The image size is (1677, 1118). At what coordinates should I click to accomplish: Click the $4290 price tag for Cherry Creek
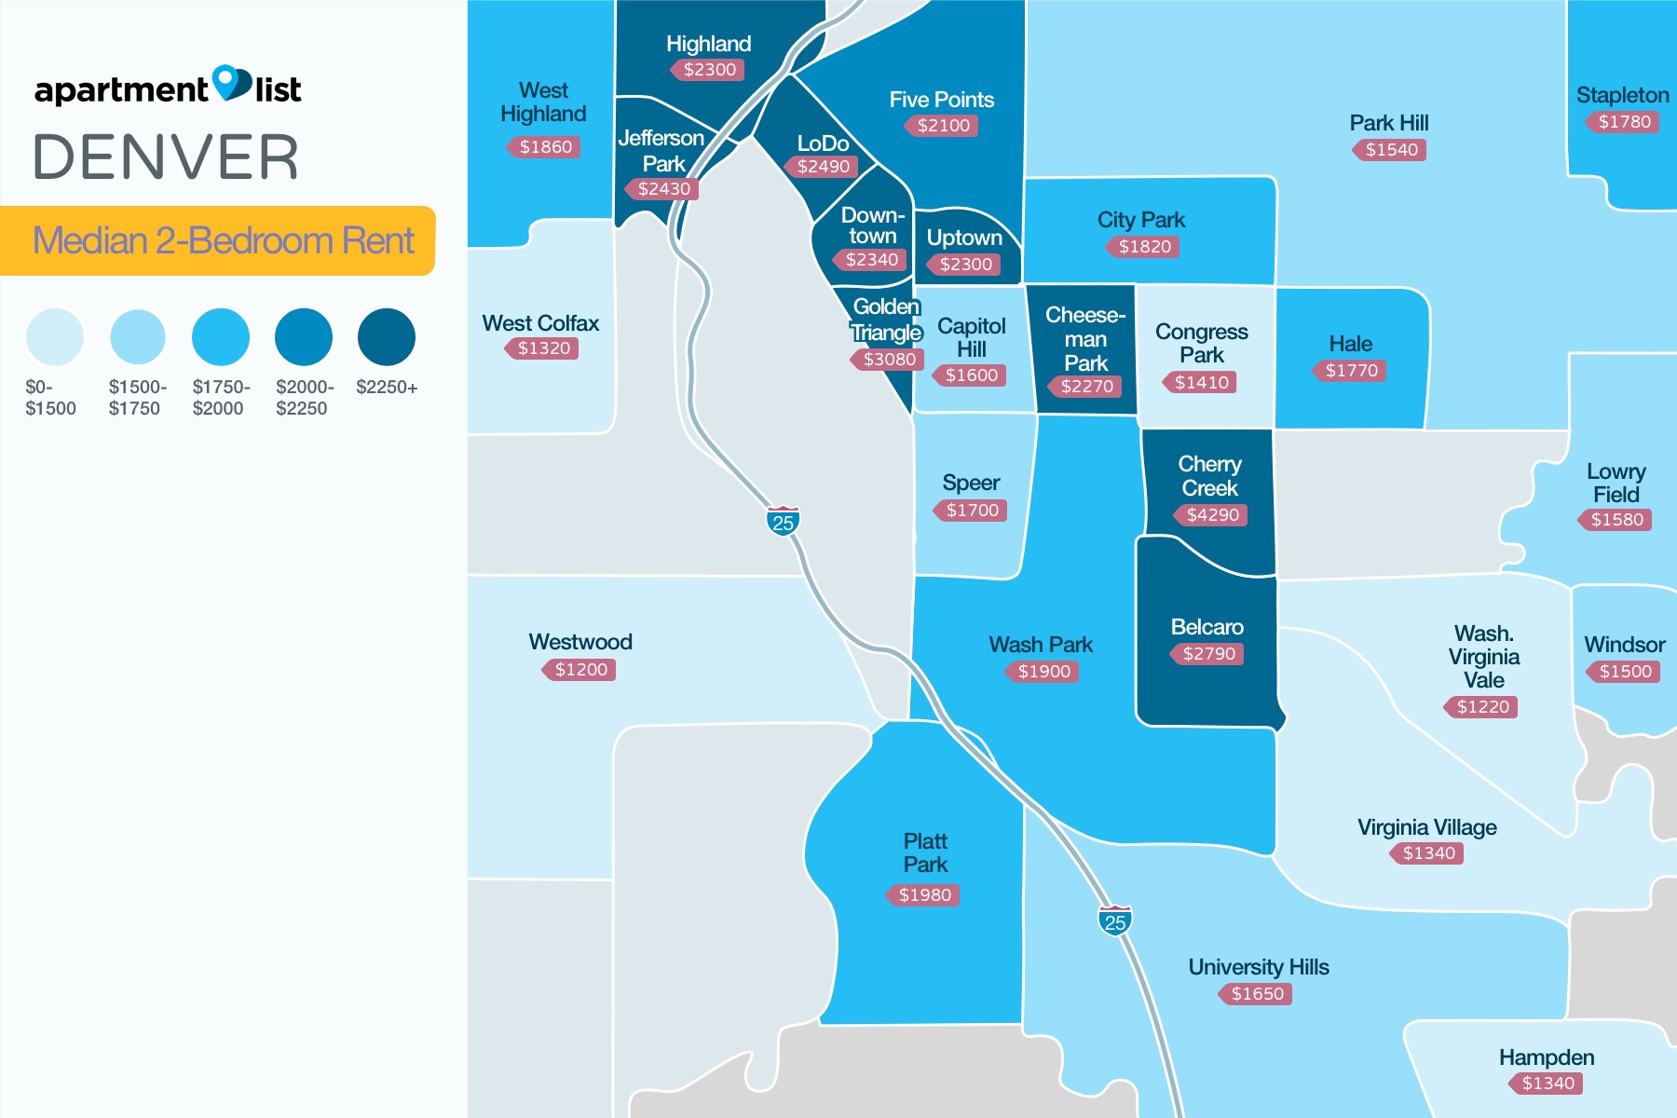[x=1211, y=515]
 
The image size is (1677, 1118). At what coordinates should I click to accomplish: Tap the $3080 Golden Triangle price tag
[x=888, y=360]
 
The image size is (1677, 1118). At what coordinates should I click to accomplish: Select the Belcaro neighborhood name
[x=1207, y=627]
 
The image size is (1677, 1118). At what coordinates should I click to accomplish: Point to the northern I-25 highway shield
[x=783, y=522]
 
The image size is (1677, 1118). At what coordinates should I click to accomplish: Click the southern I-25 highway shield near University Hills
[x=1114, y=921]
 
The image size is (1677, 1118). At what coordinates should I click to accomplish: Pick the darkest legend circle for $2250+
[x=387, y=337]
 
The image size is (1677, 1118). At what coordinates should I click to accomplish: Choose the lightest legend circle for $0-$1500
[x=55, y=337]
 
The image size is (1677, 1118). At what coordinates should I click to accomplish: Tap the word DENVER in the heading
[x=166, y=157]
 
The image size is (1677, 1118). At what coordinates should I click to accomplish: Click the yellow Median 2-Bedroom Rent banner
[x=218, y=240]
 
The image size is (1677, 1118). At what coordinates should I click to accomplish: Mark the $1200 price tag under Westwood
[x=579, y=670]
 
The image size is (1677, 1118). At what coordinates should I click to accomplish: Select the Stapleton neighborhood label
[x=1622, y=95]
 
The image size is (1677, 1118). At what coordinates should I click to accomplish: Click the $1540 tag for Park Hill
[x=1390, y=150]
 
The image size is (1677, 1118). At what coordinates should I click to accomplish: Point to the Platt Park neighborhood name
[x=925, y=852]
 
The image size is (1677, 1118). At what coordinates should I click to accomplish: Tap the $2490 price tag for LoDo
[x=823, y=167]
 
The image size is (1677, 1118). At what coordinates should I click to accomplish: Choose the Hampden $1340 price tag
[x=1547, y=1084]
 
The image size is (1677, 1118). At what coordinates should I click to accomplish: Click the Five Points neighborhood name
[x=941, y=100]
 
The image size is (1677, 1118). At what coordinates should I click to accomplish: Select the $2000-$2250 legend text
[x=304, y=398]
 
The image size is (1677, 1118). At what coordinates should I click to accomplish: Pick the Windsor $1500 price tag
[x=1624, y=672]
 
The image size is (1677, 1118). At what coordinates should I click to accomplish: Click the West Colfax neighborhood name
[x=540, y=323]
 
